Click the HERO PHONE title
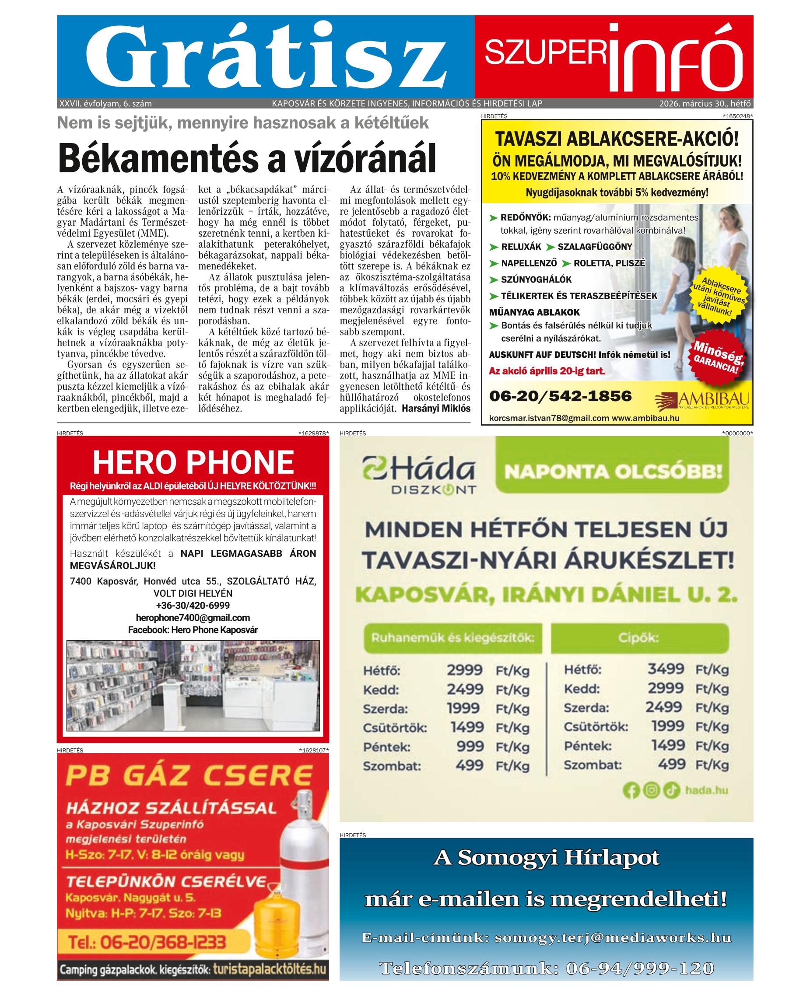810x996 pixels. pyautogui.click(x=193, y=461)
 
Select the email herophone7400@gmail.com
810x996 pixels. pyautogui.click(x=193, y=618)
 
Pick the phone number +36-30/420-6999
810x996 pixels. pyautogui.click(x=193, y=606)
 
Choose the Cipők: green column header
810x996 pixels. pyautogui.click(x=639, y=638)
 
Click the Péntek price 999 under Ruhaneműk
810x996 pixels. pyautogui.click(x=470, y=746)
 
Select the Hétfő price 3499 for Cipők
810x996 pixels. pyautogui.click(x=666, y=669)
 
